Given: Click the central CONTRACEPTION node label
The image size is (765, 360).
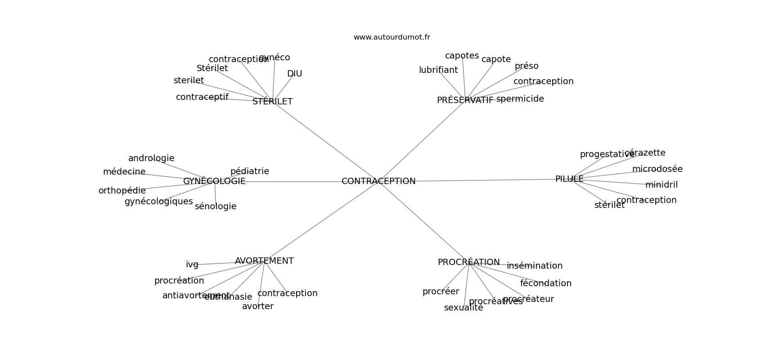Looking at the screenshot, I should click(378, 181).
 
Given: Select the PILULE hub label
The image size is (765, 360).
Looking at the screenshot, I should click(569, 179).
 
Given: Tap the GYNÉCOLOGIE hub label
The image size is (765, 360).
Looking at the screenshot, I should click(214, 181).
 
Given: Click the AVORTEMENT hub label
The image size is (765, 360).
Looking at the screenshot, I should click(264, 261).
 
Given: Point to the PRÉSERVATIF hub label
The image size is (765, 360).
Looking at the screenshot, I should click(465, 100).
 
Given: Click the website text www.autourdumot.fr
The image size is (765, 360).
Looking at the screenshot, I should click(391, 37).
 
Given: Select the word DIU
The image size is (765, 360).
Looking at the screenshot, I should click(294, 74).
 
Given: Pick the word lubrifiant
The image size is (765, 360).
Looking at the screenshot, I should click(438, 70).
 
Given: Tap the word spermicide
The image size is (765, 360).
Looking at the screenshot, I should click(520, 99).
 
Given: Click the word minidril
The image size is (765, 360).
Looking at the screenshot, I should click(661, 185).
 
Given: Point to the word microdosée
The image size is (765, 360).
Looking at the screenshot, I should click(657, 169).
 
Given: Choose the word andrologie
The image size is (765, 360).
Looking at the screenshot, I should click(151, 158).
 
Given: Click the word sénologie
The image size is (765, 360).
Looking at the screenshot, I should click(216, 207).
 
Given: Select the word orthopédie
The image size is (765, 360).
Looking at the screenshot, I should click(122, 191).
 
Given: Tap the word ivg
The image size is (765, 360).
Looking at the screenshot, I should click(192, 265).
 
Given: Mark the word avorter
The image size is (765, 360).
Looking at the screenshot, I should click(257, 306).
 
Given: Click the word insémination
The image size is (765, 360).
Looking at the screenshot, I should click(535, 266).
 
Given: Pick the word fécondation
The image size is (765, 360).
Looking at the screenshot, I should click(545, 283).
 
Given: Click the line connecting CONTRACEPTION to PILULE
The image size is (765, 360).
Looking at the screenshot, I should click(486, 180).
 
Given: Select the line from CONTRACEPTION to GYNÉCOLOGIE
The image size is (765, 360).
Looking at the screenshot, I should click(292, 182).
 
